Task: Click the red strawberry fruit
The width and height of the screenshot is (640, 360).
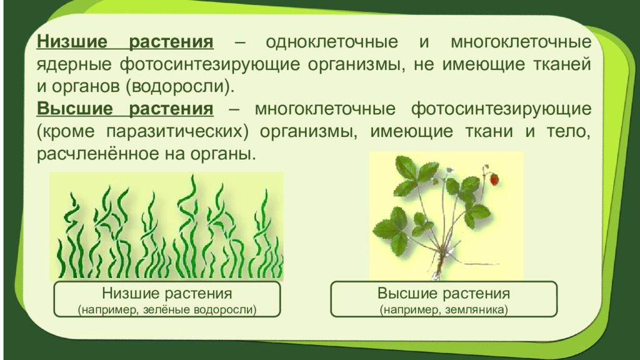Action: pos(494,179)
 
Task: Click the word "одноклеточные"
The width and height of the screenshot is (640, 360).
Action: pos(332,43)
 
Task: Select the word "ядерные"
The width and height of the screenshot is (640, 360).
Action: pos(70,64)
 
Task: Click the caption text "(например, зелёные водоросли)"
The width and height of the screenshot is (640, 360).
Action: pos(167,309)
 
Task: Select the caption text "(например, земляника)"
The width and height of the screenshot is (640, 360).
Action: pos(443,309)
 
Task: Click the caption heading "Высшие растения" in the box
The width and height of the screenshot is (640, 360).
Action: pos(443,294)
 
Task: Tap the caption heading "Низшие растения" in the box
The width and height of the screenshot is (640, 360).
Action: pos(167,294)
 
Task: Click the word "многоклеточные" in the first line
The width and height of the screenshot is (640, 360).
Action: pos(520,43)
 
